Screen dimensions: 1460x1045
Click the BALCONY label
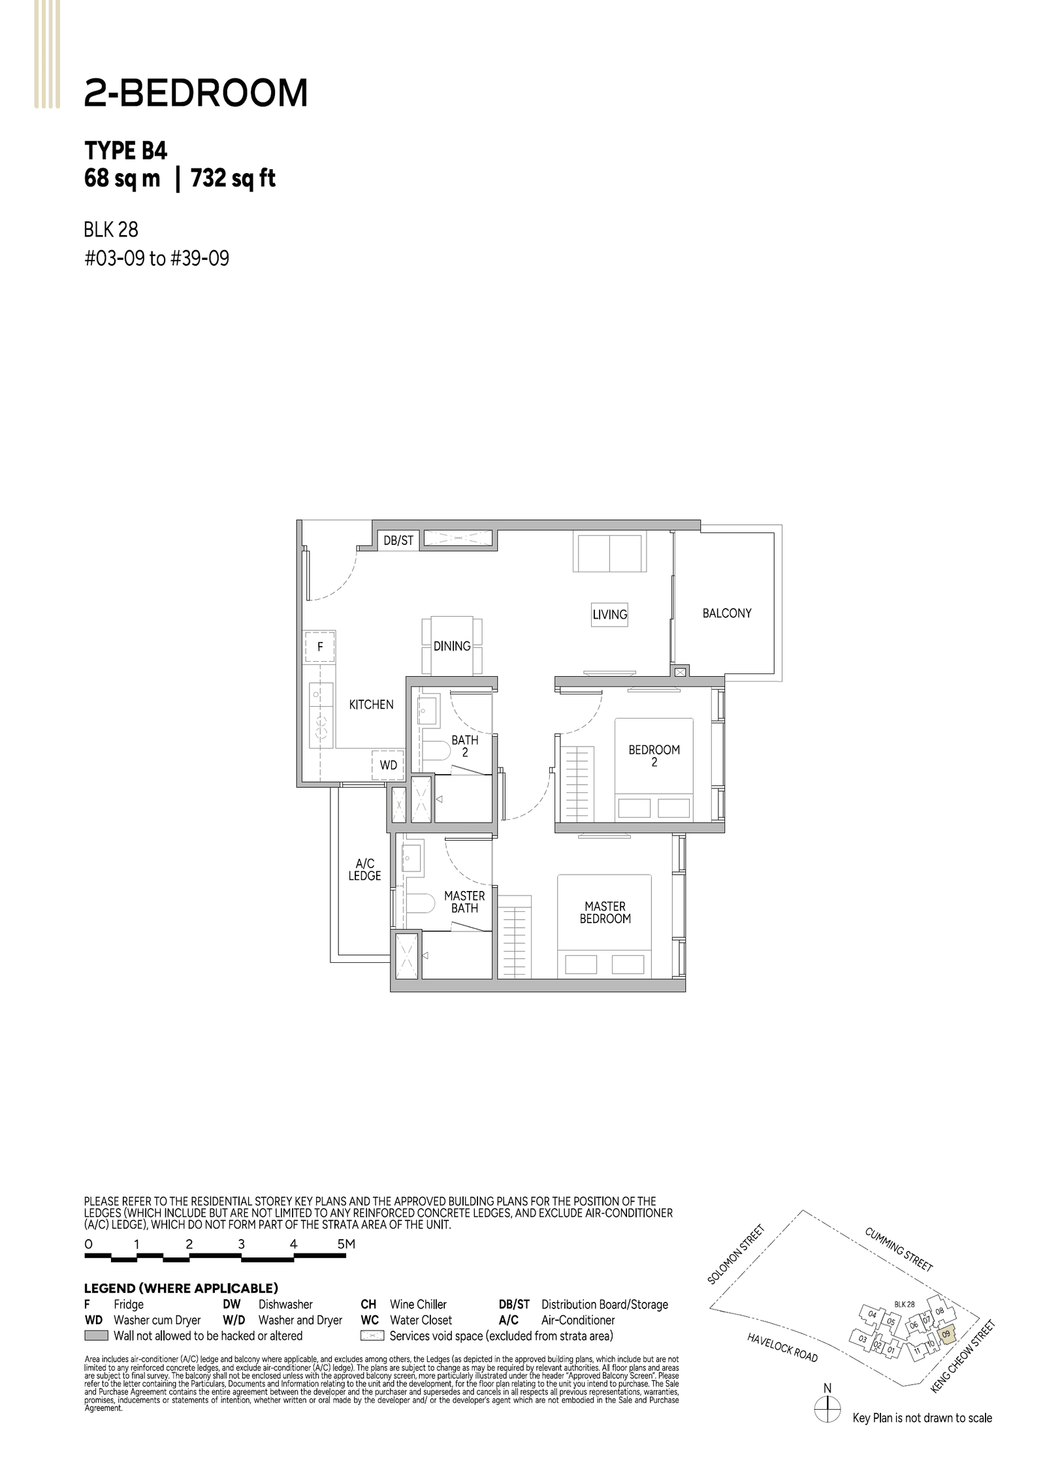(726, 613)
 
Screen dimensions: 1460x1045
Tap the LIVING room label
(609, 614)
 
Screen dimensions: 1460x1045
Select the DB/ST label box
(398, 540)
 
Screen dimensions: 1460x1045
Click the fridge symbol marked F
(320, 647)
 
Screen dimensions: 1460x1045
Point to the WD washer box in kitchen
(388, 765)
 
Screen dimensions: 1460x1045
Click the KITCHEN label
(371, 704)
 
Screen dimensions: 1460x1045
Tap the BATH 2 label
(464, 746)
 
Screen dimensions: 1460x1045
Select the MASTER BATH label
(464, 902)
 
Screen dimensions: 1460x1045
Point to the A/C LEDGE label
(364, 870)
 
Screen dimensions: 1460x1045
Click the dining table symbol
(452, 645)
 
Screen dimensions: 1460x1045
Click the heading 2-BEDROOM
(195, 93)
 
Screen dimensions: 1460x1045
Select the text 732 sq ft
(233, 178)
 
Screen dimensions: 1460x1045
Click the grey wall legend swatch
(96, 1336)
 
